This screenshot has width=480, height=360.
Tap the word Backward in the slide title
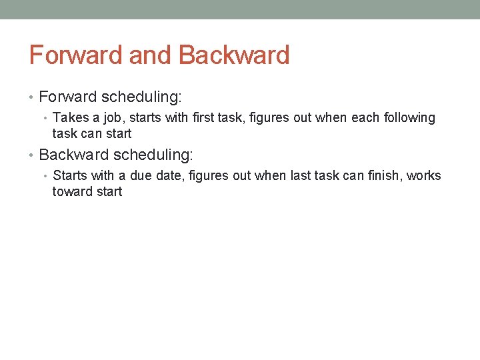coord(234,55)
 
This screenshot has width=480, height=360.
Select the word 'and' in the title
coord(151,55)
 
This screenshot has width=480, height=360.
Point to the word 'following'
coord(407,118)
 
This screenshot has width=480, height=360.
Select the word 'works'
coord(424,176)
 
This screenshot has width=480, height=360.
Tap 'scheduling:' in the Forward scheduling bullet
coord(141,97)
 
